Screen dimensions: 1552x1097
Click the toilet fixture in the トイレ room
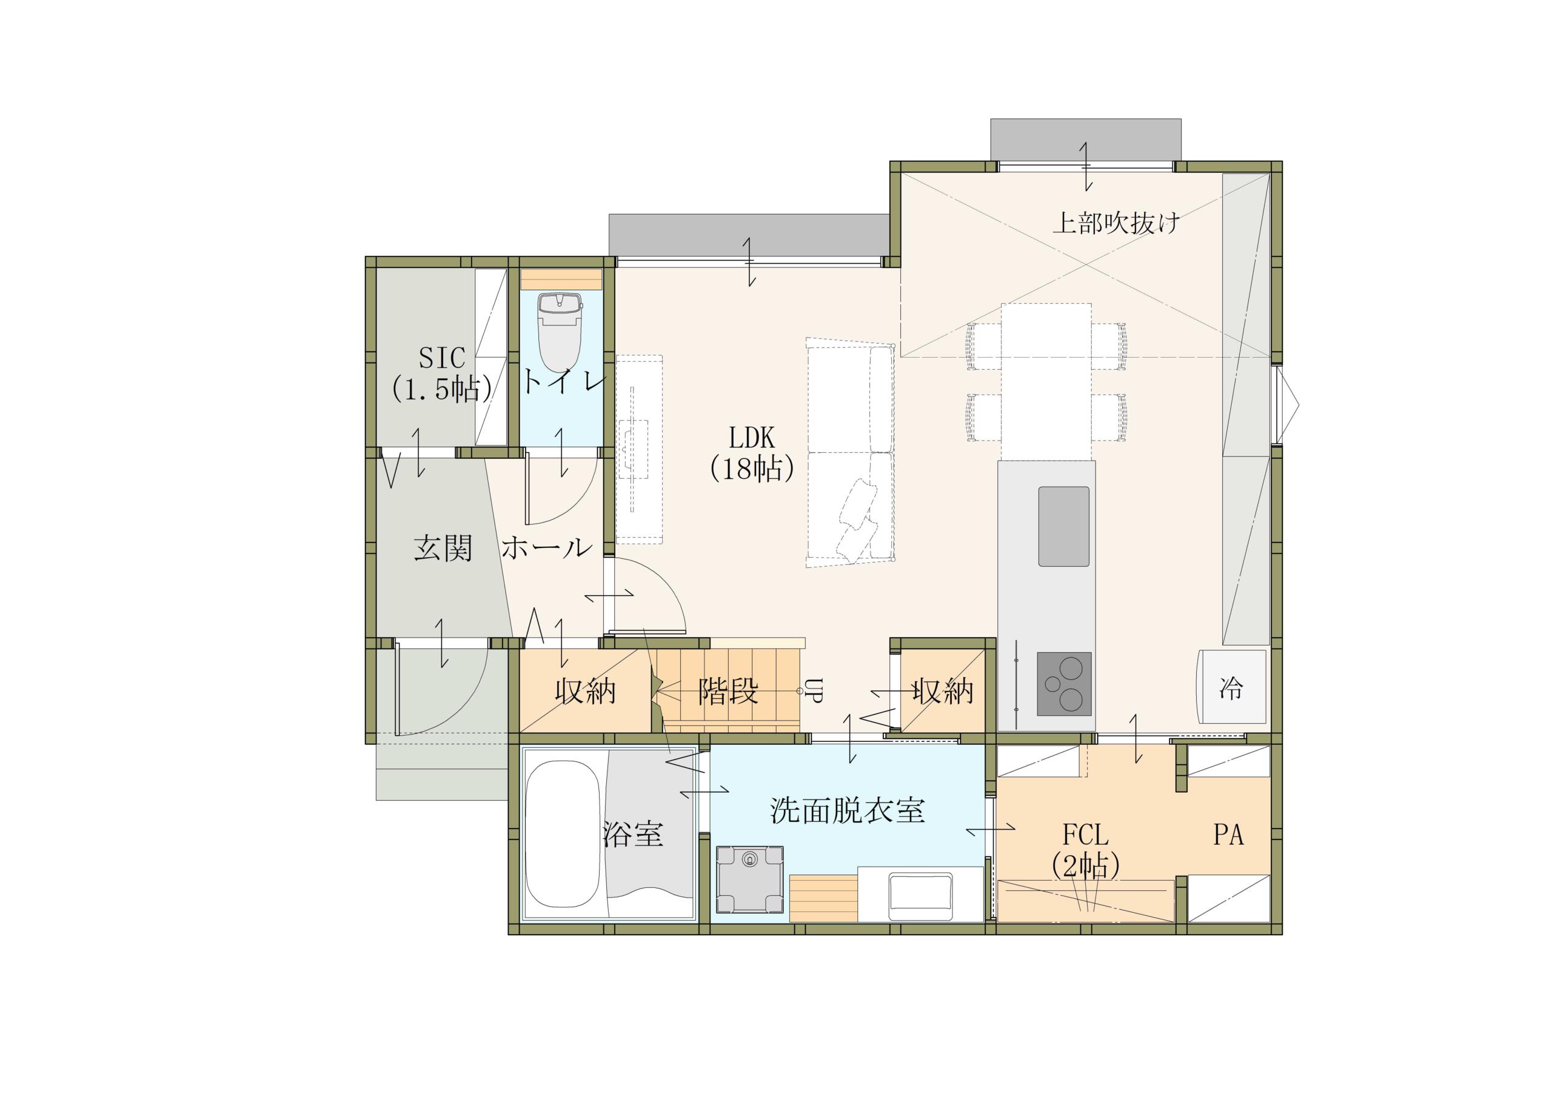[560, 331]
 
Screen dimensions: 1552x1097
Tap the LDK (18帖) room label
[751, 453]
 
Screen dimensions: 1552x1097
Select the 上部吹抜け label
[1116, 222]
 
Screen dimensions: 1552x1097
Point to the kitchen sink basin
[1063, 526]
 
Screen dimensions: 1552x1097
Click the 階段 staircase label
[727, 692]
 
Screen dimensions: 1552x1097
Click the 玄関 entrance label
[443, 547]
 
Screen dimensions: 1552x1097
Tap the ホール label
[546, 547]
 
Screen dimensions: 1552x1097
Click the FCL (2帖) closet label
[1085, 850]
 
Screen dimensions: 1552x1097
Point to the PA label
[1228, 835]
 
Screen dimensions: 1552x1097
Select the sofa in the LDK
[851, 452]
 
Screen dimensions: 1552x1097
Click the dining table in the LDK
[1046, 382]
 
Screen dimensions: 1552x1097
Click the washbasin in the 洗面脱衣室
[920, 893]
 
